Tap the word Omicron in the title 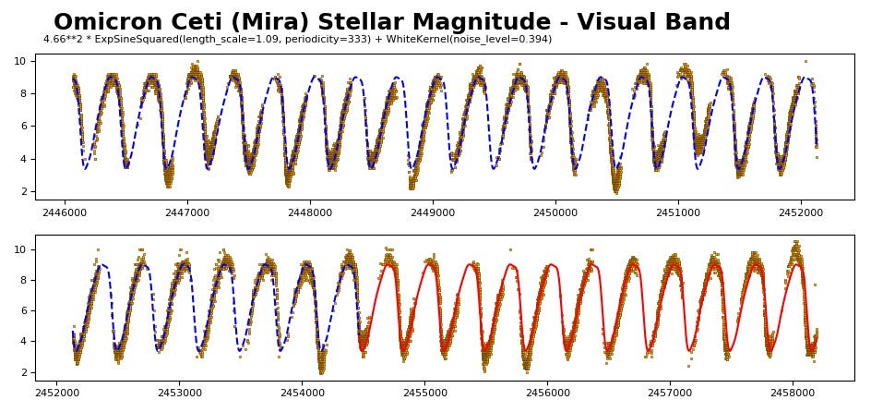click(105, 23)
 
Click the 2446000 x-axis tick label click(64, 212)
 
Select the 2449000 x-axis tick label click(432, 212)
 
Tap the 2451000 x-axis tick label click(677, 212)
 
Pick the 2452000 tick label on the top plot click(800, 212)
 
